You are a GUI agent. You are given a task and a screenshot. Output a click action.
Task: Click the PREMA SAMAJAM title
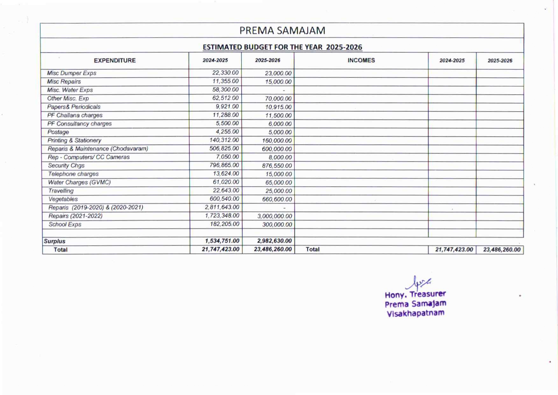282,31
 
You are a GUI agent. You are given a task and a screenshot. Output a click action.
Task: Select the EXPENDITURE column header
115,61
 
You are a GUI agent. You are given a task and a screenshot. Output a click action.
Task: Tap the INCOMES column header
361,60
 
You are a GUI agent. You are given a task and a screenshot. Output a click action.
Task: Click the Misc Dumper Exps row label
72,73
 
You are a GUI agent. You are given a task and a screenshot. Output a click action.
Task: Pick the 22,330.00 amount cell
225,73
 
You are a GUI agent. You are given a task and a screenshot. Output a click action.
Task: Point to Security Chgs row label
66,165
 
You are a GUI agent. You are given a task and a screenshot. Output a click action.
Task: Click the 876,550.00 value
277,166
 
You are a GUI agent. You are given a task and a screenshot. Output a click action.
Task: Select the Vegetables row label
63,199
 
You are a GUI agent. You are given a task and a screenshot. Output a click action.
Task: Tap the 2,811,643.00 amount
222,207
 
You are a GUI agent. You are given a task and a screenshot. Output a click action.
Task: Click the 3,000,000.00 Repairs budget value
274,216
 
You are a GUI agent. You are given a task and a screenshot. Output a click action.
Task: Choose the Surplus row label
54,241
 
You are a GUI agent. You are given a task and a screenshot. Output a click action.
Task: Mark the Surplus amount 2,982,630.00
274,241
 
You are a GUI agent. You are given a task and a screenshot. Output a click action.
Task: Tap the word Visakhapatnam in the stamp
415,313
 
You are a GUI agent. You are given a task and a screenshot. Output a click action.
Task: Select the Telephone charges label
73,174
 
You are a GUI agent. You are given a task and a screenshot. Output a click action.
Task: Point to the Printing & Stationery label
74,140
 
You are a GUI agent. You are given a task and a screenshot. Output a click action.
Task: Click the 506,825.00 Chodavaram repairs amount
224,148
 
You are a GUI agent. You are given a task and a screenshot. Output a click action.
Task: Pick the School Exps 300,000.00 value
277,224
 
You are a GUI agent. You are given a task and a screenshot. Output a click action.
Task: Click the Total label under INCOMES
312,249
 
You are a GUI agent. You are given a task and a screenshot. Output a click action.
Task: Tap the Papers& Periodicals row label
74,107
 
